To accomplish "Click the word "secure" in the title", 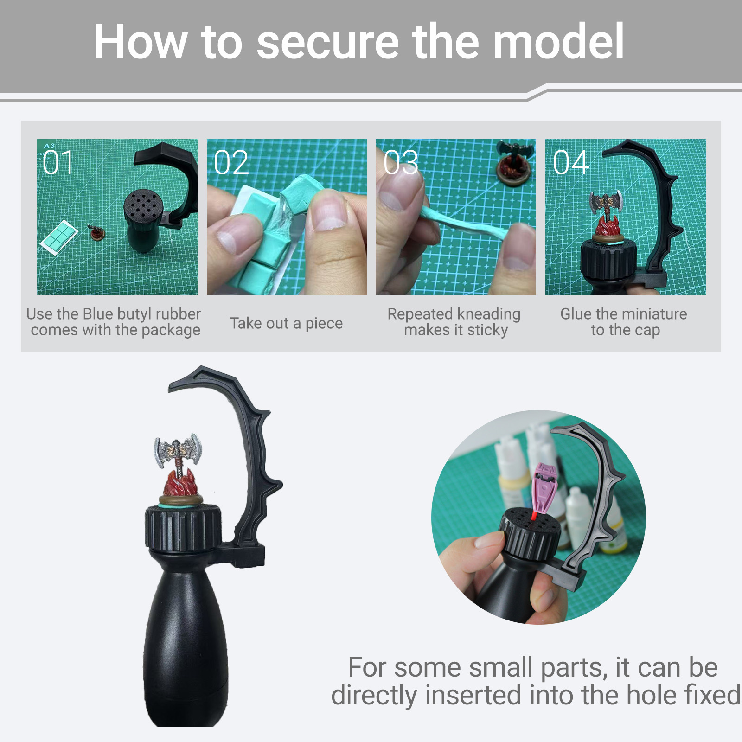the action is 327,42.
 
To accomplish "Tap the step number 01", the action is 58,163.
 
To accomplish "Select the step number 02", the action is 231,163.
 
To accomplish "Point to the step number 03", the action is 401,163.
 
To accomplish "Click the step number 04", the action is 571,163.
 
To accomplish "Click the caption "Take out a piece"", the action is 286,323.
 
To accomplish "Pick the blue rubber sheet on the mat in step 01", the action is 58,237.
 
